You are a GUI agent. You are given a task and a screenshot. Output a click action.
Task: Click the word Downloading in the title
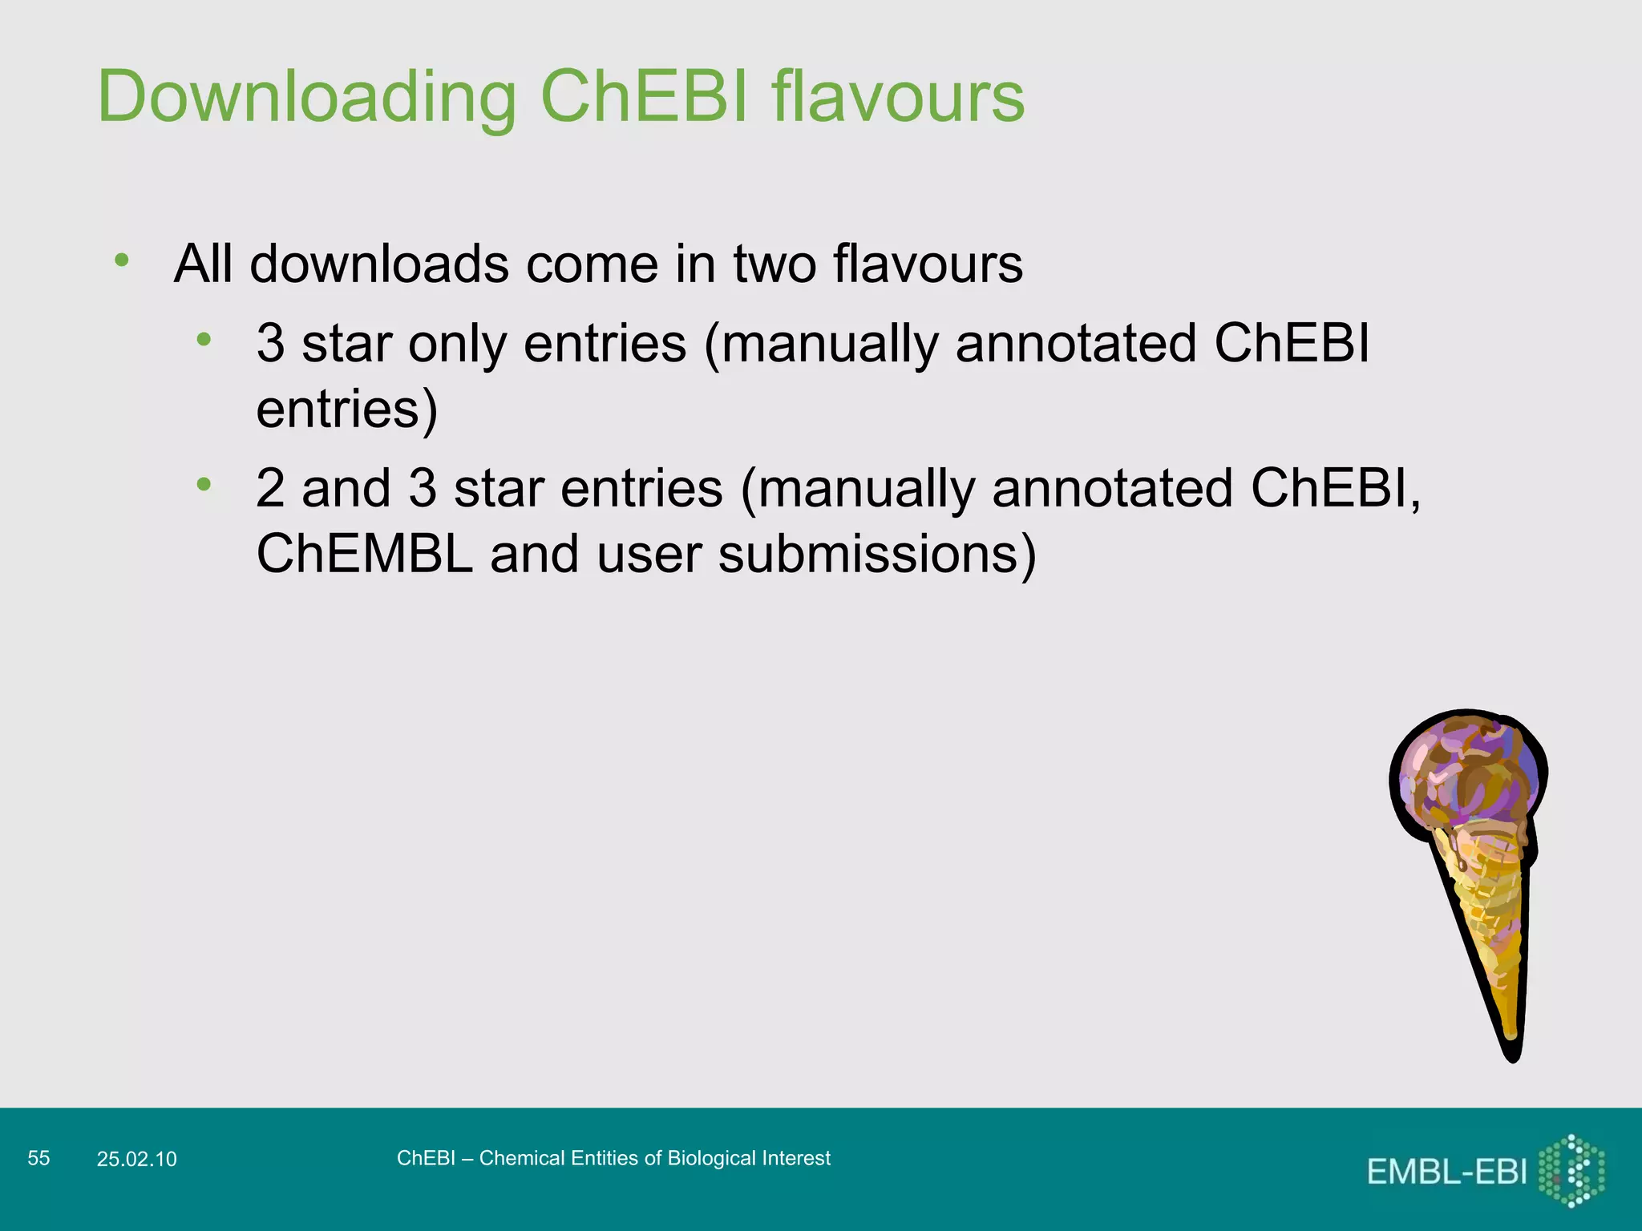point(307,98)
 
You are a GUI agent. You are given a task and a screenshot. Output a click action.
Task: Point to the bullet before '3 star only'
point(204,339)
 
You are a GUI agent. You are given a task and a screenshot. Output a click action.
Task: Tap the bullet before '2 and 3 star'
point(204,483)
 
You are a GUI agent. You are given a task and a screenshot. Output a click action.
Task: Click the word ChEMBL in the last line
point(365,554)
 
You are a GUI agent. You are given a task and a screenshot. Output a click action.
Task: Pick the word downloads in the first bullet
point(379,264)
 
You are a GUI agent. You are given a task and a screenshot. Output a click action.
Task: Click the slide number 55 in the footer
point(38,1158)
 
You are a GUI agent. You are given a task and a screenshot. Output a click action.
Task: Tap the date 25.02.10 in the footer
point(136,1159)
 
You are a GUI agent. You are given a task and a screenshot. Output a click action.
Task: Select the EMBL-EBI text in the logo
point(1446,1172)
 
